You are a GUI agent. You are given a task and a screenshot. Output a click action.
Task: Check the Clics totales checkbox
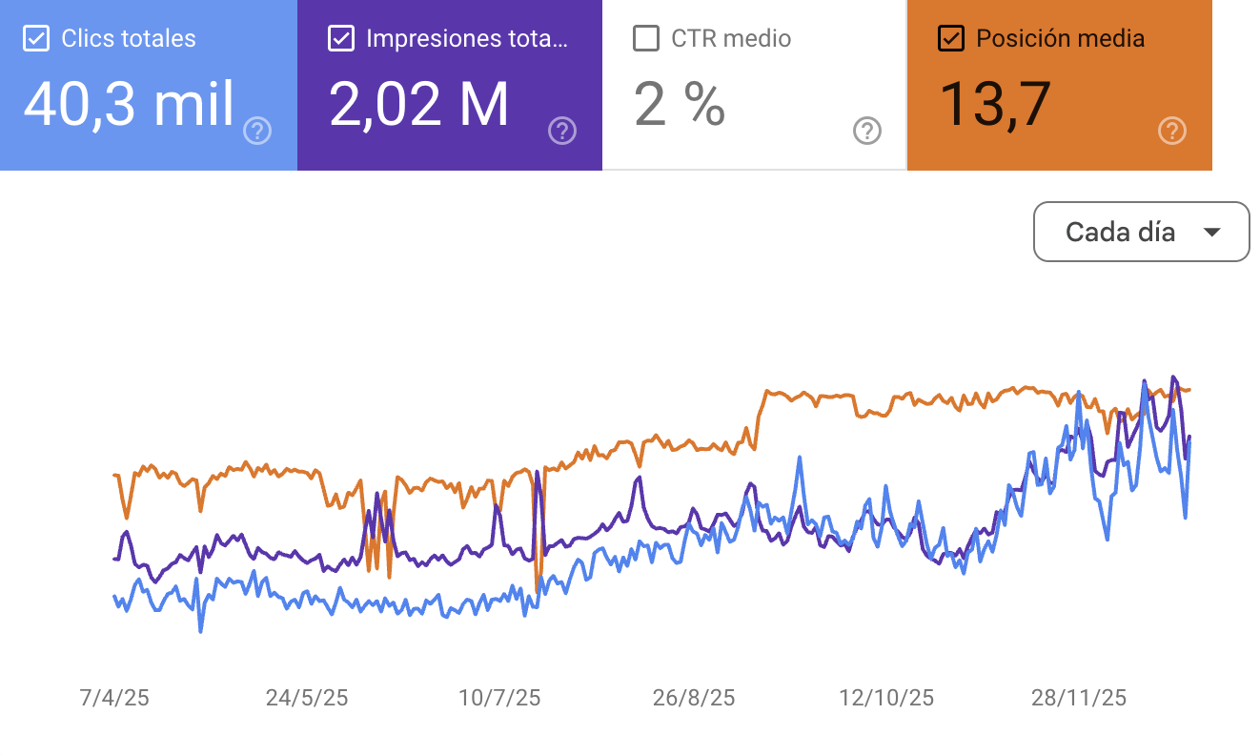[x=36, y=39]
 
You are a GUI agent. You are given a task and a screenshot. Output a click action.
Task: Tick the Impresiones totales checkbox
[x=340, y=39]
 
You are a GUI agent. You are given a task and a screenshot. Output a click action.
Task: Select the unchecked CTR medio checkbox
[x=646, y=39]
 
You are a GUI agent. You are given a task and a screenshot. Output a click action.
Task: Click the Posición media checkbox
[x=950, y=39]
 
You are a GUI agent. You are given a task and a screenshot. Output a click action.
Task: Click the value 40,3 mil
[x=129, y=104]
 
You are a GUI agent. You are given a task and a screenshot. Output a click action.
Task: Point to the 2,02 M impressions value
[x=418, y=104]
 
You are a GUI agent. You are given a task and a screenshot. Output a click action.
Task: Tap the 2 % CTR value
[x=680, y=104]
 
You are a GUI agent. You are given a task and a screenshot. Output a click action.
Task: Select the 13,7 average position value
[x=995, y=104]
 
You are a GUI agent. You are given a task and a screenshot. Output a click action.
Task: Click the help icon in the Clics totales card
[x=257, y=131]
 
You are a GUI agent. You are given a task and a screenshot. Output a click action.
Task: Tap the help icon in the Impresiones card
[x=562, y=131]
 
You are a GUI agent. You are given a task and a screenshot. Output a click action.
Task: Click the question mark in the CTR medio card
[x=867, y=131]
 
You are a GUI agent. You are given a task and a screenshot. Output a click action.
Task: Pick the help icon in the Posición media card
[x=1172, y=131]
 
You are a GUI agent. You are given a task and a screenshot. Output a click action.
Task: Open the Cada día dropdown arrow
[x=1212, y=232]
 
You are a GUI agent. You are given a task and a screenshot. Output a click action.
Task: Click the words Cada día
[x=1120, y=232]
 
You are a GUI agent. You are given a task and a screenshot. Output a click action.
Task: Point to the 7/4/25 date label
[x=114, y=698]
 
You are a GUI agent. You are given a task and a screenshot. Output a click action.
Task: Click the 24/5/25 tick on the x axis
[x=307, y=698]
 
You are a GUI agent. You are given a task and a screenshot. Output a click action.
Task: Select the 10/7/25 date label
[x=499, y=698]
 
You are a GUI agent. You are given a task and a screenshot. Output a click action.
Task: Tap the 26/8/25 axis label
[x=694, y=698]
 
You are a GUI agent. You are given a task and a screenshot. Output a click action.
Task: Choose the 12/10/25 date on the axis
[x=886, y=698]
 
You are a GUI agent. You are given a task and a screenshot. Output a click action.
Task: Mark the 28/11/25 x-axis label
[x=1079, y=698]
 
